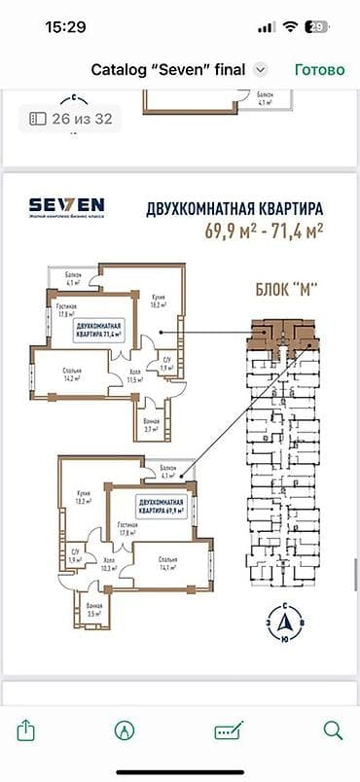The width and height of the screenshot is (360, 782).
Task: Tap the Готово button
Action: click(x=319, y=70)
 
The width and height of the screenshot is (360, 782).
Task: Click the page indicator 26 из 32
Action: click(x=69, y=118)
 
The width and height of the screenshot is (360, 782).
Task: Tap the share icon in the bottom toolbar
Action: click(x=27, y=729)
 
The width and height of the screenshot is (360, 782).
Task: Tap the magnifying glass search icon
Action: click(x=332, y=729)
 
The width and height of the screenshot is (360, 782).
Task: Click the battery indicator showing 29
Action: click(x=314, y=27)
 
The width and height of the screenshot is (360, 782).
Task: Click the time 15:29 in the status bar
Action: click(x=65, y=27)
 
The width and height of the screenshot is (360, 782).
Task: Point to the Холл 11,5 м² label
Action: click(x=134, y=376)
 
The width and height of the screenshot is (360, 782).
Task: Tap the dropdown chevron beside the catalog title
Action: click(x=260, y=70)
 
